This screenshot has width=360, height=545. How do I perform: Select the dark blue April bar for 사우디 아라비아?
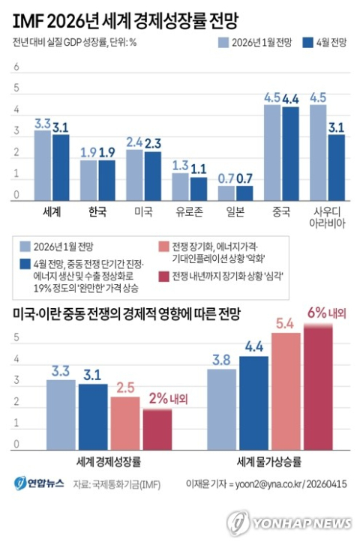click(337, 167)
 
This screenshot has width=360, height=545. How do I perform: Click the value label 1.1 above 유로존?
click(199, 169)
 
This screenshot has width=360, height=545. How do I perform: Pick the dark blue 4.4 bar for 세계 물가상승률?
click(253, 403)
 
